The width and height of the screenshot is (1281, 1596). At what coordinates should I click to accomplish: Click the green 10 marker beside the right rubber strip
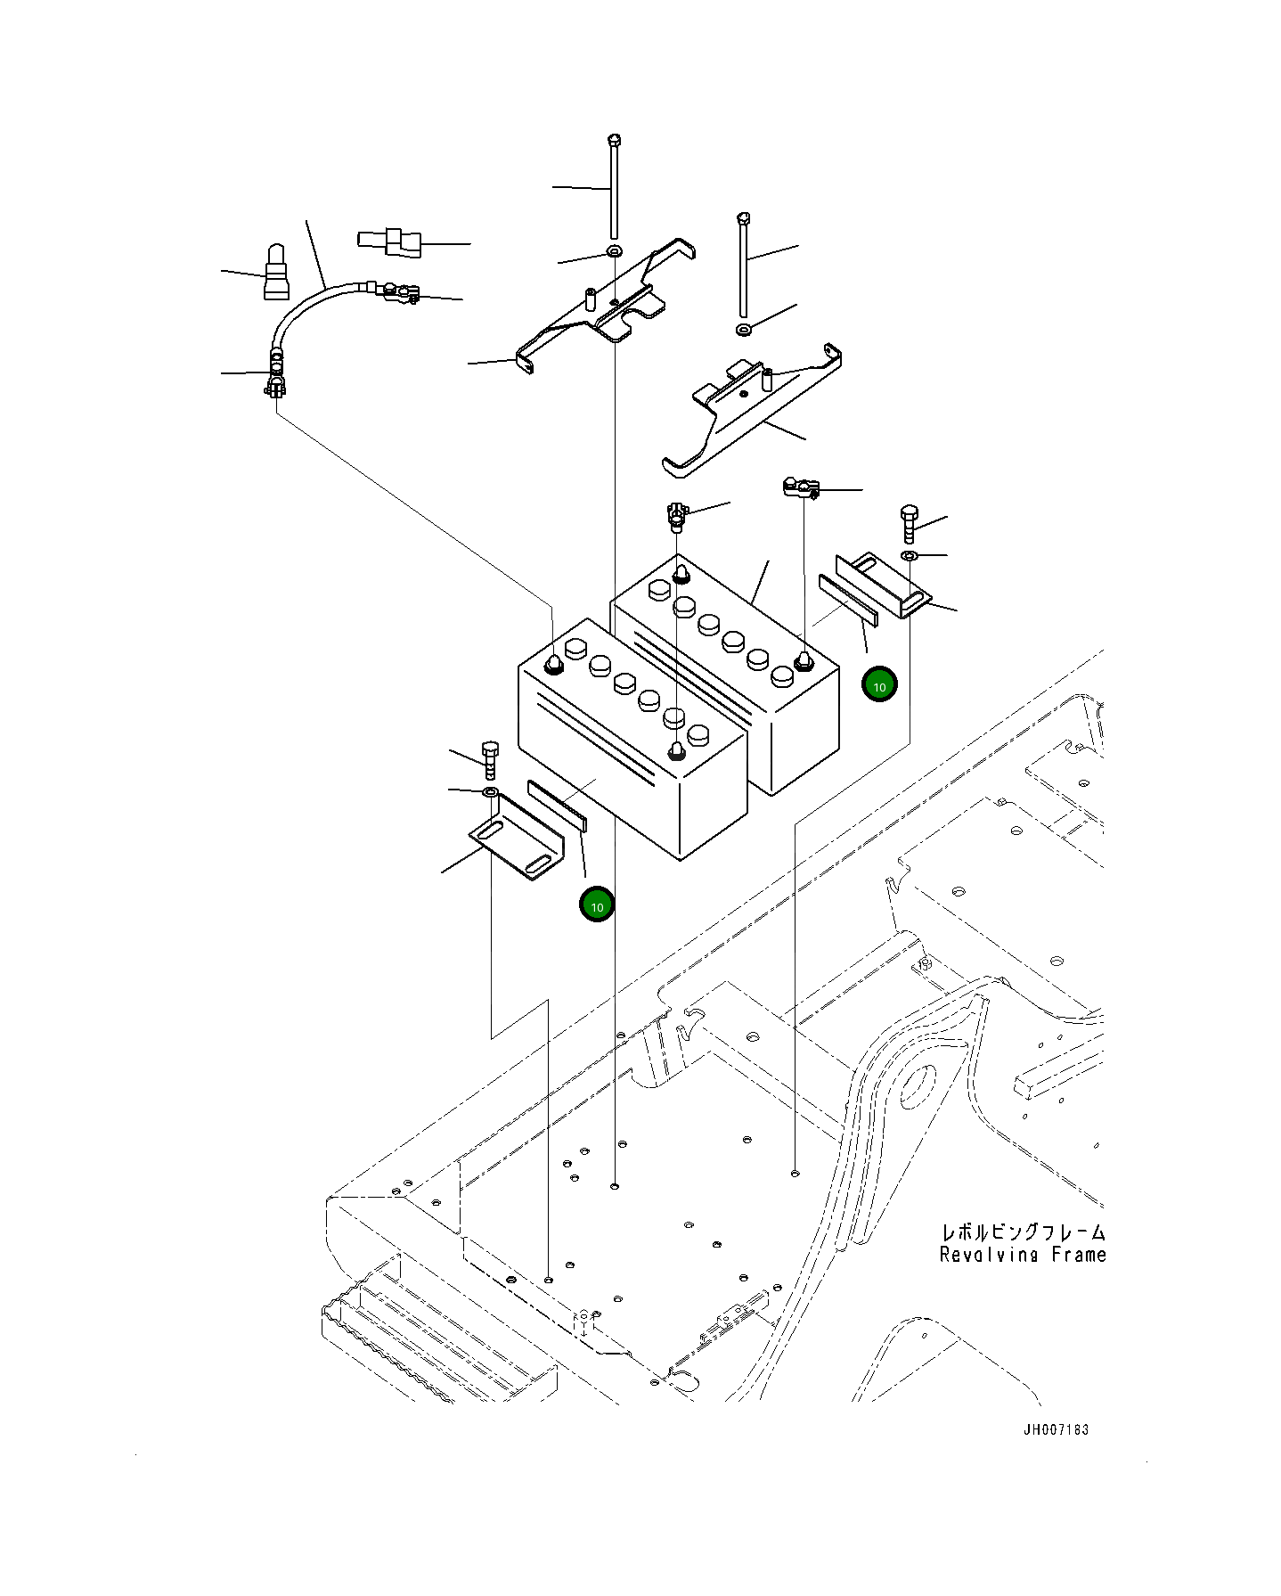[879, 685]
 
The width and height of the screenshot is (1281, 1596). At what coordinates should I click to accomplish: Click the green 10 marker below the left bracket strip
[597, 905]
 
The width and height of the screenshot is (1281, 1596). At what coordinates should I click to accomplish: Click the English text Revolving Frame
[1023, 1255]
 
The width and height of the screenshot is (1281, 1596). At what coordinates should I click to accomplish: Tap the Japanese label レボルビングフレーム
[1024, 1232]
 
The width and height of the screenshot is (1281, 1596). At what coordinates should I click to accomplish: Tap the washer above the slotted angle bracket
[490, 791]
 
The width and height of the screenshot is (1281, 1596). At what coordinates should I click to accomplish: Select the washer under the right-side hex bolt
[909, 557]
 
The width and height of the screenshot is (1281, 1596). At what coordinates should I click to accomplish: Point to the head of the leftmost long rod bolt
[613, 140]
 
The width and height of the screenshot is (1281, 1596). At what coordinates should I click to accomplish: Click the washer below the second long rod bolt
[744, 331]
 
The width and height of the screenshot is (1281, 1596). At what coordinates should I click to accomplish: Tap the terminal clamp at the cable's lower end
[276, 383]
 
